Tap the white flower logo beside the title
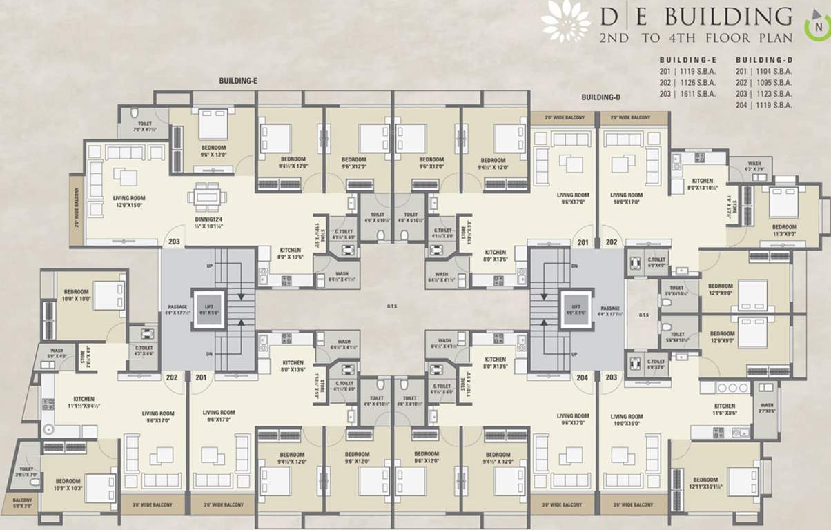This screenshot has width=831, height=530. pos(565,21)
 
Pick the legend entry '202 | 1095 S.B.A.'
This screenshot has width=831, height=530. pos(763,82)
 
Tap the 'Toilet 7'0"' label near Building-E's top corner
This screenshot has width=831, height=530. pos(144,126)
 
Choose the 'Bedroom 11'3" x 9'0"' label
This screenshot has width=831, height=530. pos(784,230)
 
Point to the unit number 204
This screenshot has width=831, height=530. pos(583,377)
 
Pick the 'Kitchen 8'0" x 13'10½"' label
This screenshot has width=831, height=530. pos(703,184)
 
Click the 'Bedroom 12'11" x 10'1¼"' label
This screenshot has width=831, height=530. pos(705,483)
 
